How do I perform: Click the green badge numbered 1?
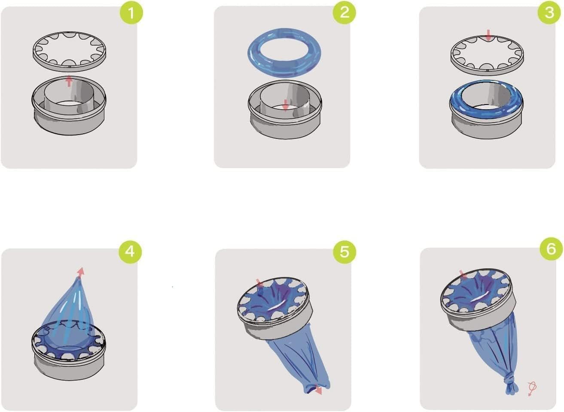130,13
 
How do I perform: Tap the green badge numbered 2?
344,12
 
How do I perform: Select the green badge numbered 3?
549,12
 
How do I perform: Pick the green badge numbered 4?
130,251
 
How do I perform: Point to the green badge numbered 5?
344,251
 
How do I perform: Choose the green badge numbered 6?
551,249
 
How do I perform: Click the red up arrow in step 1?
69,80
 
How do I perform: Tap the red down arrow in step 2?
285,104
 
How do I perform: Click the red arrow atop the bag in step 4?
80,271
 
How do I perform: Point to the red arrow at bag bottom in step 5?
318,390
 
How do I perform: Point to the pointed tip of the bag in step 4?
77,280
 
